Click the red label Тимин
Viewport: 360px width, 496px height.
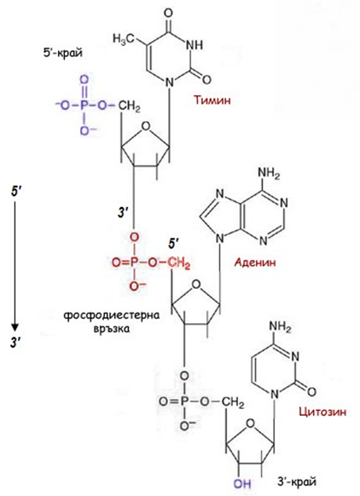(212, 100)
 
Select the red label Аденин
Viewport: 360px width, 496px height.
(255, 262)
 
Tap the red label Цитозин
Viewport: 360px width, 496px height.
(322, 412)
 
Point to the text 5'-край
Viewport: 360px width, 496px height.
(62, 52)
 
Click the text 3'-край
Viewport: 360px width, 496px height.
(297, 482)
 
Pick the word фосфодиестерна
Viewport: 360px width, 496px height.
(112, 315)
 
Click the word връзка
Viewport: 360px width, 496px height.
(112, 329)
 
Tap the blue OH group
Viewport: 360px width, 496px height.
(242, 483)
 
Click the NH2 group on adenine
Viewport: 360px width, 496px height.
(269, 173)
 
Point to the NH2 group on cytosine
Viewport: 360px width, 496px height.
(280, 326)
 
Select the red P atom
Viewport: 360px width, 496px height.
(134, 262)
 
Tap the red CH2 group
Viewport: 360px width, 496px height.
(179, 262)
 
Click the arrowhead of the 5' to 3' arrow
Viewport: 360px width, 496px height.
(15, 326)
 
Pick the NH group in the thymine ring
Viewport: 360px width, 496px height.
(195, 44)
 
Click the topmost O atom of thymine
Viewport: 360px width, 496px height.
(169, 13)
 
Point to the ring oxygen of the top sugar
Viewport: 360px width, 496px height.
(145, 126)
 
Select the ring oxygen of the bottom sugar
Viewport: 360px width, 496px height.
(251, 423)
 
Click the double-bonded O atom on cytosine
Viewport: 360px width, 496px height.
(311, 392)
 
